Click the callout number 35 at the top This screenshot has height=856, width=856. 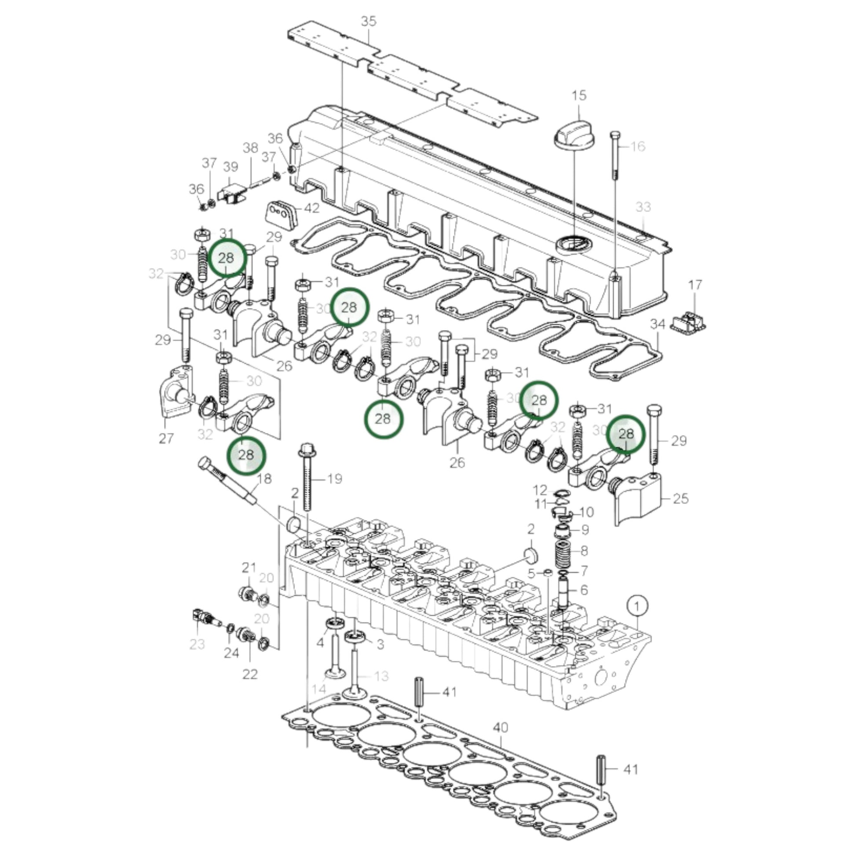pos(369,21)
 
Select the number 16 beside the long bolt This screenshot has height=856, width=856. pos(637,146)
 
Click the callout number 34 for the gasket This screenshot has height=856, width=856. pos(658,324)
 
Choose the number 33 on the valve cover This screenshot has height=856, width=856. pos(644,207)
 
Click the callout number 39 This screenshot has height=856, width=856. pos(230,167)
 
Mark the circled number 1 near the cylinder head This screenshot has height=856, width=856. pos(637,606)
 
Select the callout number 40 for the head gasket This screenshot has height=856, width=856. pos(500,728)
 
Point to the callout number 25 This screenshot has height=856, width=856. pos(680,498)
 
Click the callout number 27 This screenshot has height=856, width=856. pos(166,439)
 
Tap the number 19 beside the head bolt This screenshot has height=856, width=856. pos(335,479)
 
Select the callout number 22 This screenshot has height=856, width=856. pos(250,674)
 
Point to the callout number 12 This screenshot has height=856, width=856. pos(540,490)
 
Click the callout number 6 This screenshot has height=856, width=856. pos(584,590)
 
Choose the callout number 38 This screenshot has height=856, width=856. pos(250,148)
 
